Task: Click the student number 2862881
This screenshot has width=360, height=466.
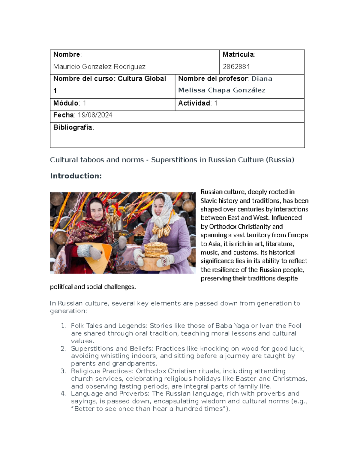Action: pyautogui.click(x=236, y=67)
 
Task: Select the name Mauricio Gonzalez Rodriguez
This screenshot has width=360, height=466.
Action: pyautogui.click(x=99, y=67)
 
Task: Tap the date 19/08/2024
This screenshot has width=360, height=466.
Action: pyautogui.click(x=95, y=115)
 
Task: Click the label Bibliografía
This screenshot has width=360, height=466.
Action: pyautogui.click(x=73, y=127)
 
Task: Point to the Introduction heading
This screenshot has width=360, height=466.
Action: pyautogui.click(x=76, y=176)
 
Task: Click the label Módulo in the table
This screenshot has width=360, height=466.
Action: pyautogui.click(x=66, y=103)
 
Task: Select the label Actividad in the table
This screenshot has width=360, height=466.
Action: pyautogui.click(x=194, y=103)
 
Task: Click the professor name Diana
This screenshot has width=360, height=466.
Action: pyautogui.click(x=262, y=79)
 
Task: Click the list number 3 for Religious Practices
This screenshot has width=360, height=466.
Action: pyautogui.click(x=63, y=371)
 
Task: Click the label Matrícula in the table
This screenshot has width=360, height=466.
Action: pyautogui.click(x=238, y=54)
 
